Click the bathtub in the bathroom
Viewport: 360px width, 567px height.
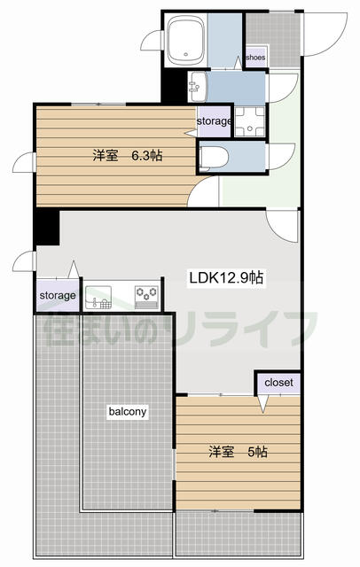coord(187,41)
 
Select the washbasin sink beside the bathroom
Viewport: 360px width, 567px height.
coord(198,87)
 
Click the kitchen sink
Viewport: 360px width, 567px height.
coord(98,298)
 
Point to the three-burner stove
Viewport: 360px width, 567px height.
coord(146,298)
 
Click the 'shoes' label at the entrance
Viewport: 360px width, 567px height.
coord(255,58)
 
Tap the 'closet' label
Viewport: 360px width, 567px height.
coord(278,383)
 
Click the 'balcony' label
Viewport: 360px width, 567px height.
coord(128,411)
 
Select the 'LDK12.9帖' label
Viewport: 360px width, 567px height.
coord(226,278)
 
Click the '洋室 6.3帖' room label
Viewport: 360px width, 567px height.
coord(127,156)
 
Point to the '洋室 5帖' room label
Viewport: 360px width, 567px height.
coord(238,452)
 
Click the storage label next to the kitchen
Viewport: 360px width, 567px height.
coord(58,296)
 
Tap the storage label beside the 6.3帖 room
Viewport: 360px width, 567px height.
coord(214,121)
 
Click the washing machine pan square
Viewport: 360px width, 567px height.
coord(250,121)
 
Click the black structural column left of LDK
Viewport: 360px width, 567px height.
coord(46,228)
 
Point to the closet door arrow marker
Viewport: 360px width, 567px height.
coord(262,404)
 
